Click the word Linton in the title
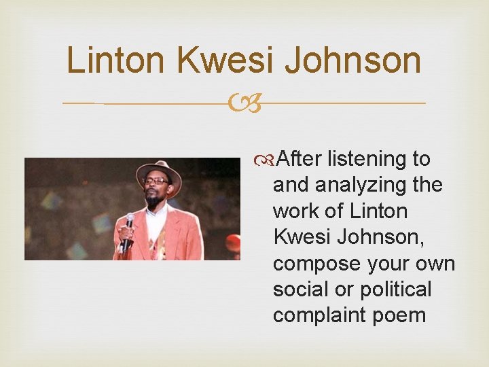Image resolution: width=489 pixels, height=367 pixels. [116, 60]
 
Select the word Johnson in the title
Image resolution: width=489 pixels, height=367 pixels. [353, 60]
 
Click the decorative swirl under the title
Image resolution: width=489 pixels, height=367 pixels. [244, 104]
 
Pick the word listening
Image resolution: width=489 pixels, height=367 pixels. [367, 159]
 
